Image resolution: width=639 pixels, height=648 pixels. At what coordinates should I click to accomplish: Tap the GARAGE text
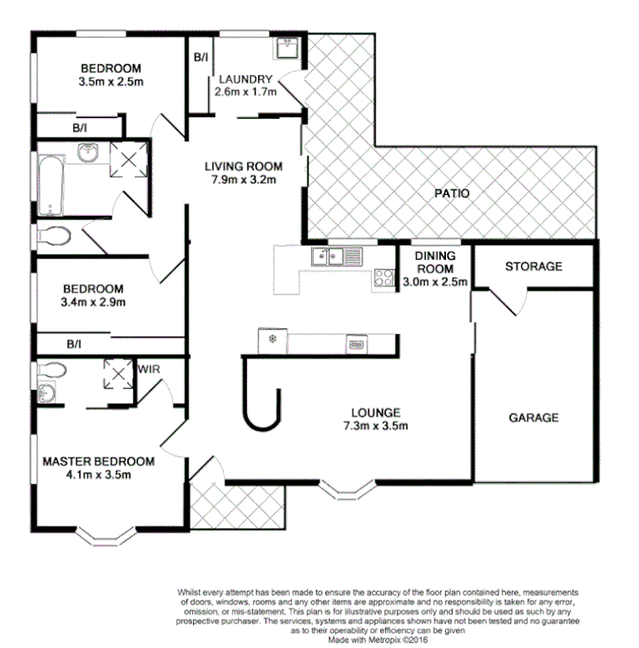tap(533, 418)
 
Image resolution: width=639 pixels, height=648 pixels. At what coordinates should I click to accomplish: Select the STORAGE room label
tap(533, 266)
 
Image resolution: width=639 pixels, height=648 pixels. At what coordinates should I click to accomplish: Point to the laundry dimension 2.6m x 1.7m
tap(246, 91)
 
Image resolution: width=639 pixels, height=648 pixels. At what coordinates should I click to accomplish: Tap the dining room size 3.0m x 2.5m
tap(435, 282)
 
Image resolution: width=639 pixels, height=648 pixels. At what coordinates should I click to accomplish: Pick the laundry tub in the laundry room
tap(287, 48)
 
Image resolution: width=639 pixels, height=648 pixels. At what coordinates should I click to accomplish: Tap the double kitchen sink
tap(331, 257)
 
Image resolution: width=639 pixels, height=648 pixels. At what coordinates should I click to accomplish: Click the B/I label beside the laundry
tap(200, 58)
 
